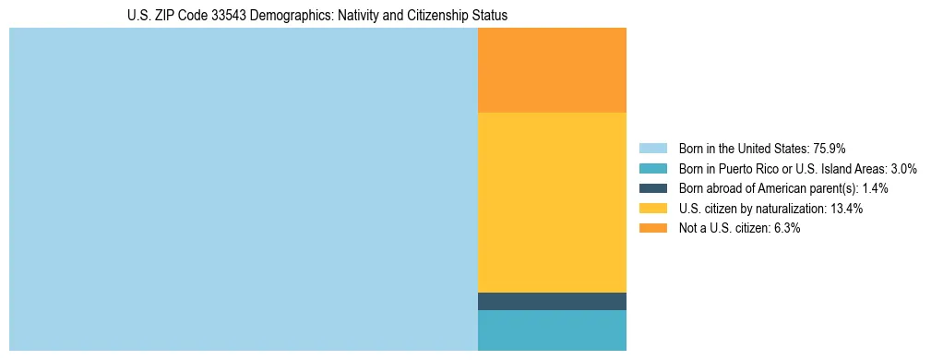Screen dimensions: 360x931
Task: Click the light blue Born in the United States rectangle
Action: (x=243, y=189)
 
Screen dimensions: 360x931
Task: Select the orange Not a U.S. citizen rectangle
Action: (x=552, y=70)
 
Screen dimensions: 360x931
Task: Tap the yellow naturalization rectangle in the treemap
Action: (x=552, y=202)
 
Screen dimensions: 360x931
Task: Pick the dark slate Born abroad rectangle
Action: (x=552, y=301)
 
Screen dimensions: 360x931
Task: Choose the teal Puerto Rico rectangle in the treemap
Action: (x=552, y=330)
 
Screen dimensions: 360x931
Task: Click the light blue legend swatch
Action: (x=652, y=149)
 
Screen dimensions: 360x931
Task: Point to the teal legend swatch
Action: (x=652, y=169)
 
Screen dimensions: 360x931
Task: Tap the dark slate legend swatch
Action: (x=652, y=188)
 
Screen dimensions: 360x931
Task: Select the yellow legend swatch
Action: (x=652, y=209)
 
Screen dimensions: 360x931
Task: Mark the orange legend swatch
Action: (x=652, y=229)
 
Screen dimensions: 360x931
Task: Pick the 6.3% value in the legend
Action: (x=785, y=229)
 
